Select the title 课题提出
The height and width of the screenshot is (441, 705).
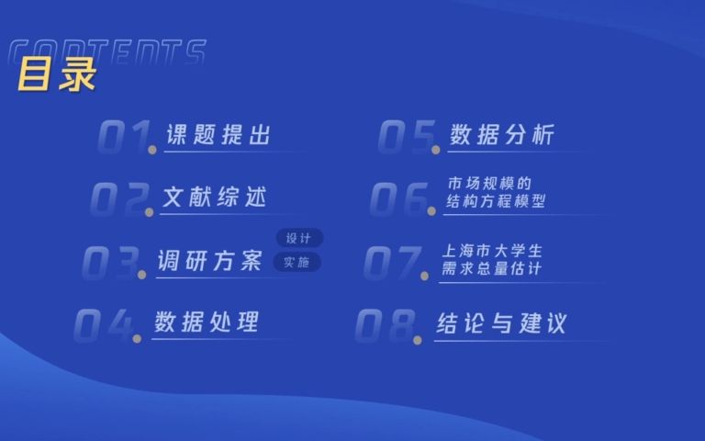click(218, 135)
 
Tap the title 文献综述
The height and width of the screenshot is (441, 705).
click(214, 197)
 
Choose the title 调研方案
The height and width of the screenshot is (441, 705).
click(210, 261)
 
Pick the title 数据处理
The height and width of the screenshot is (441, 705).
click(207, 322)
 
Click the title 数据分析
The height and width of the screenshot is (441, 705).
click(502, 135)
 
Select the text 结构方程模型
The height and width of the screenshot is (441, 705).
click(495, 202)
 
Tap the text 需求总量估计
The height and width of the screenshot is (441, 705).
click(492, 269)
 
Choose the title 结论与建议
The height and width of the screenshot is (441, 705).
click(501, 323)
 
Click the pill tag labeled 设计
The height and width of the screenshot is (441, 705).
click(299, 239)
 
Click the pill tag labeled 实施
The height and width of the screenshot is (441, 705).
click(297, 263)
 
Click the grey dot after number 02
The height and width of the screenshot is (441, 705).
click(149, 211)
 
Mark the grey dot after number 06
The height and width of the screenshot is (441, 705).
click(431, 211)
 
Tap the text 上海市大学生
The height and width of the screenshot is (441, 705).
click(492, 250)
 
